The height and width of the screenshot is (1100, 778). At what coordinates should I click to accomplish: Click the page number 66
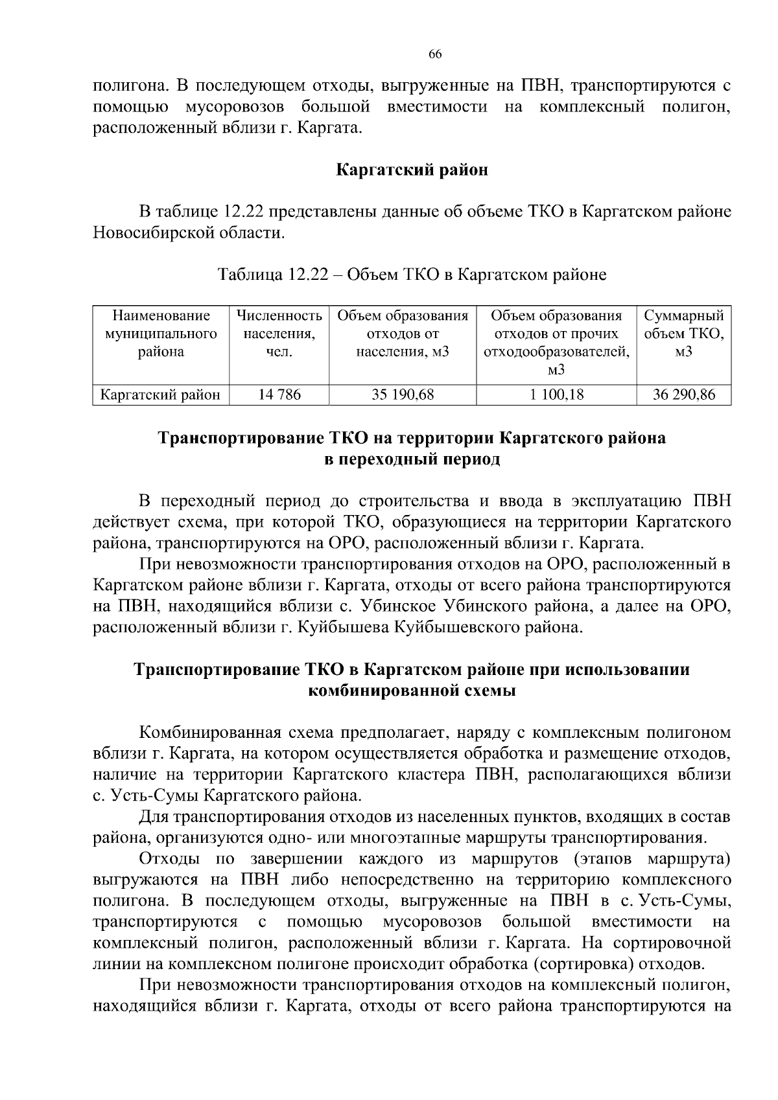pyautogui.click(x=435, y=54)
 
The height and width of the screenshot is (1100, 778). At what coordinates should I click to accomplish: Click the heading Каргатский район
pyautogui.click(x=412, y=170)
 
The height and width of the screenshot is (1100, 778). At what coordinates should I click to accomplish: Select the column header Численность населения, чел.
pyautogui.click(x=279, y=334)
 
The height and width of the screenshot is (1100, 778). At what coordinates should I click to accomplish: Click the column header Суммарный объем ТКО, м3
pyautogui.click(x=683, y=334)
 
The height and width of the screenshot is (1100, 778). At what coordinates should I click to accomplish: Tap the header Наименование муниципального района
pyautogui.click(x=161, y=334)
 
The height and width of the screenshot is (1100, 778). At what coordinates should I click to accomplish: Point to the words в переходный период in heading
pyautogui.click(x=412, y=459)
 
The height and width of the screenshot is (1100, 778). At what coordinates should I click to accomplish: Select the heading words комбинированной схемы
pyautogui.click(x=412, y=691)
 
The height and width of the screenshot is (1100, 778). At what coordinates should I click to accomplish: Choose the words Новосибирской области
pyautogui.click(x=189, y=233)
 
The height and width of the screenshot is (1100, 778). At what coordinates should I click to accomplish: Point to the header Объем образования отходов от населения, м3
pyautogui.click(x=403, y=334)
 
